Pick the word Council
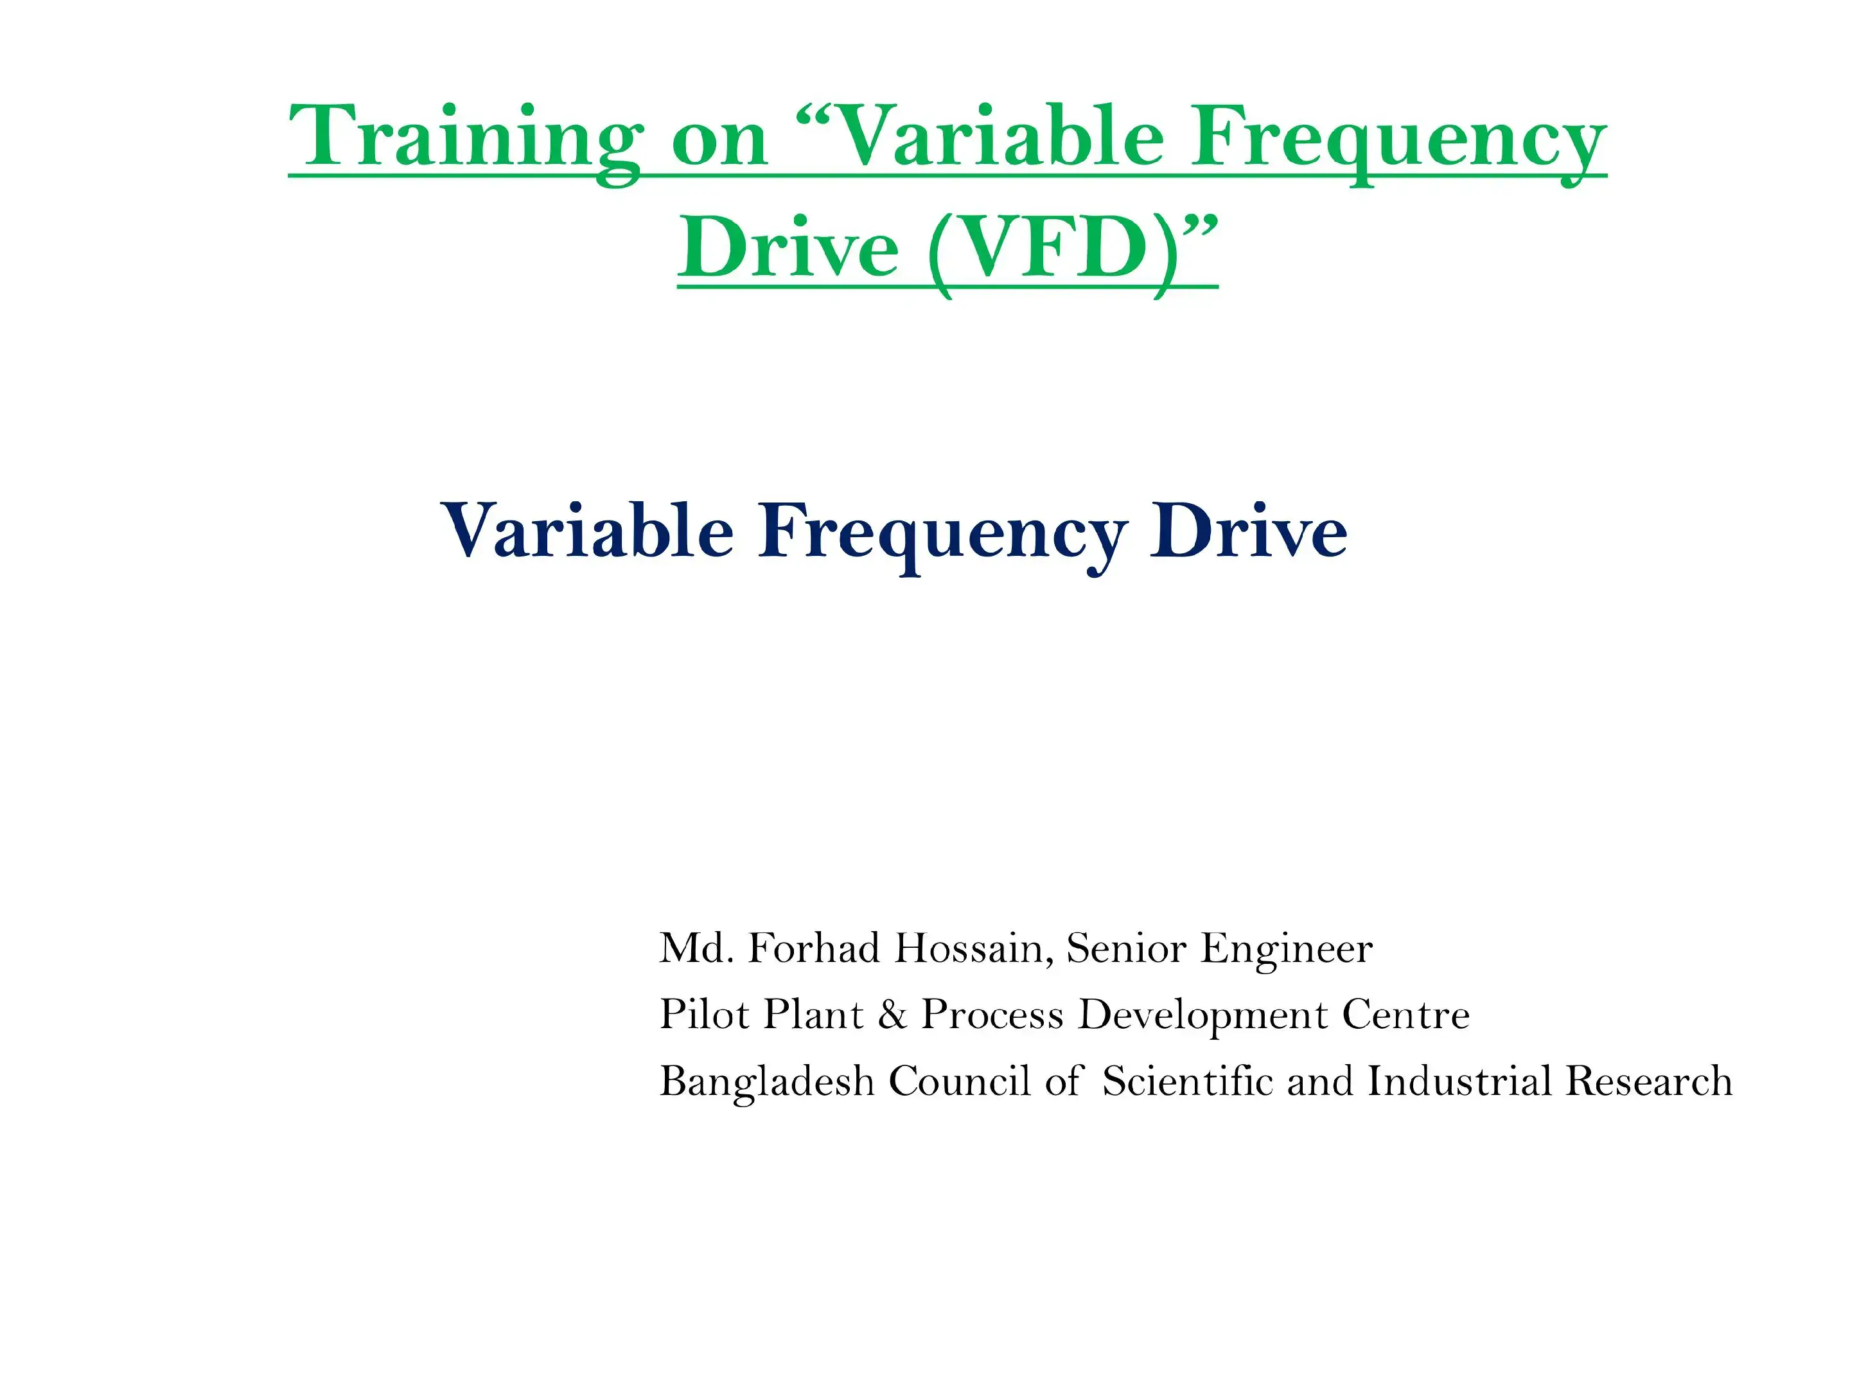(x=959, y=1081)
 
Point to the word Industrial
(x=1459, y=1081)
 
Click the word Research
(x=1650, y=1081)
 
